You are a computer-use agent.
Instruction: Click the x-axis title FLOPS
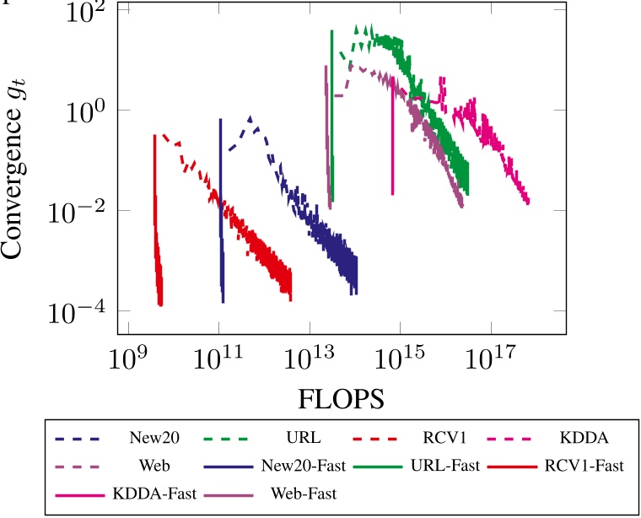coord(341,399)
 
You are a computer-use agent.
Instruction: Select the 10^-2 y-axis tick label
coord(82,211)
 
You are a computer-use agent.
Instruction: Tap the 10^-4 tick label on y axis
coord(82,310)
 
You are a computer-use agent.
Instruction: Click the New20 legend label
coord(149,439)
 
